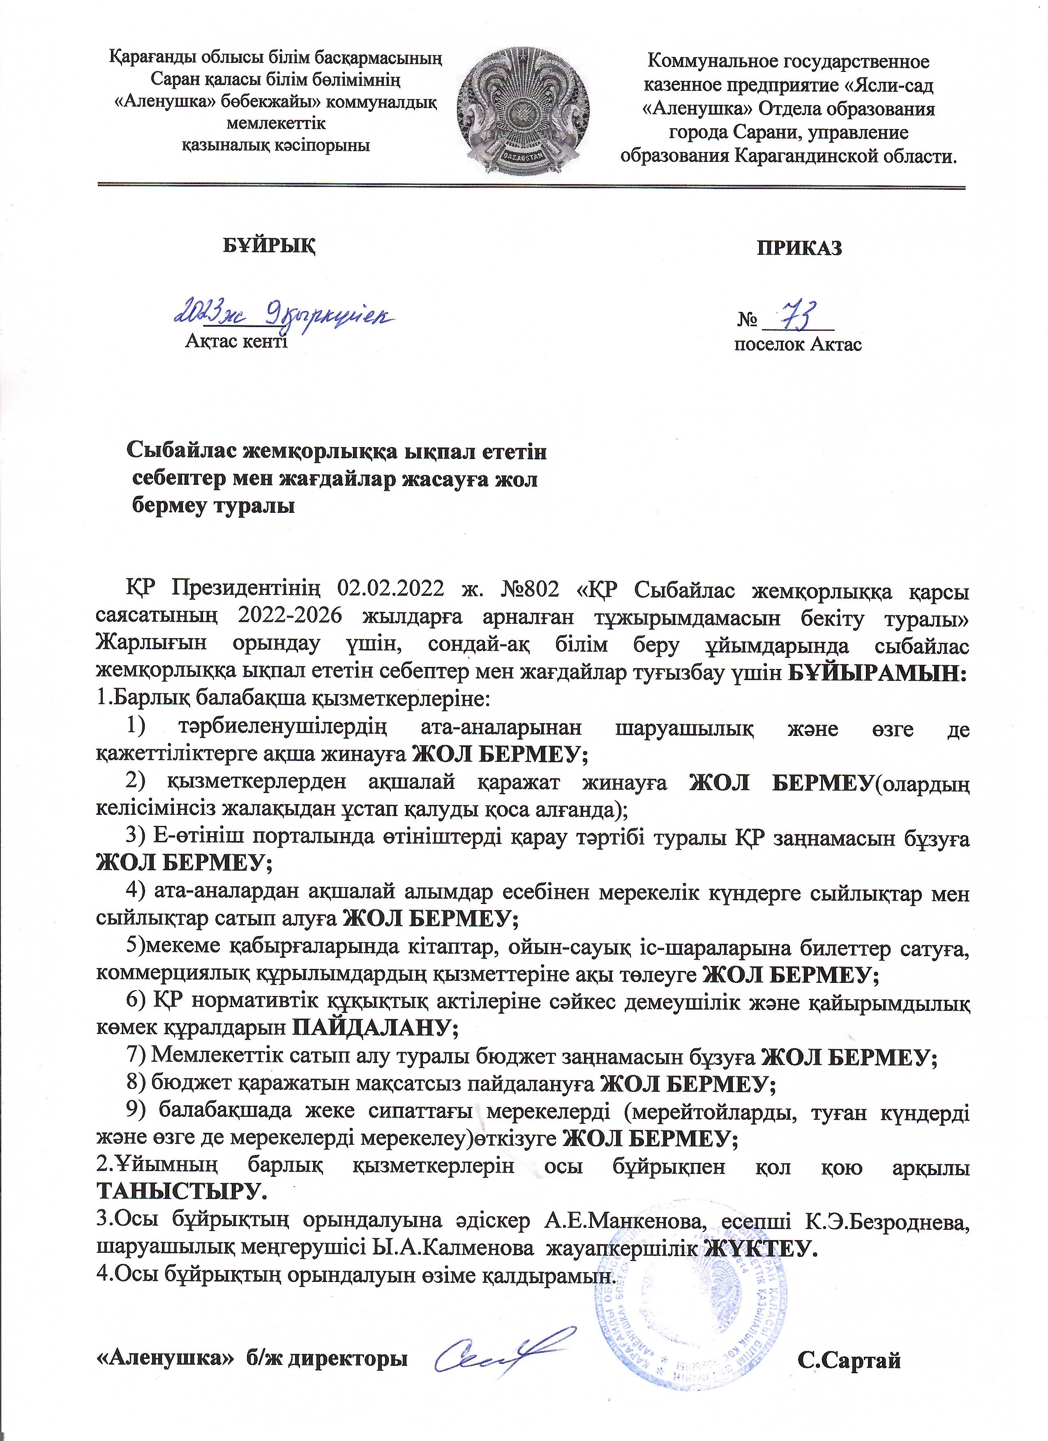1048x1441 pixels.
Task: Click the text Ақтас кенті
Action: [x=236, y=342]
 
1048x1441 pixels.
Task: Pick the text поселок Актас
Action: [x=798, y=344]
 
